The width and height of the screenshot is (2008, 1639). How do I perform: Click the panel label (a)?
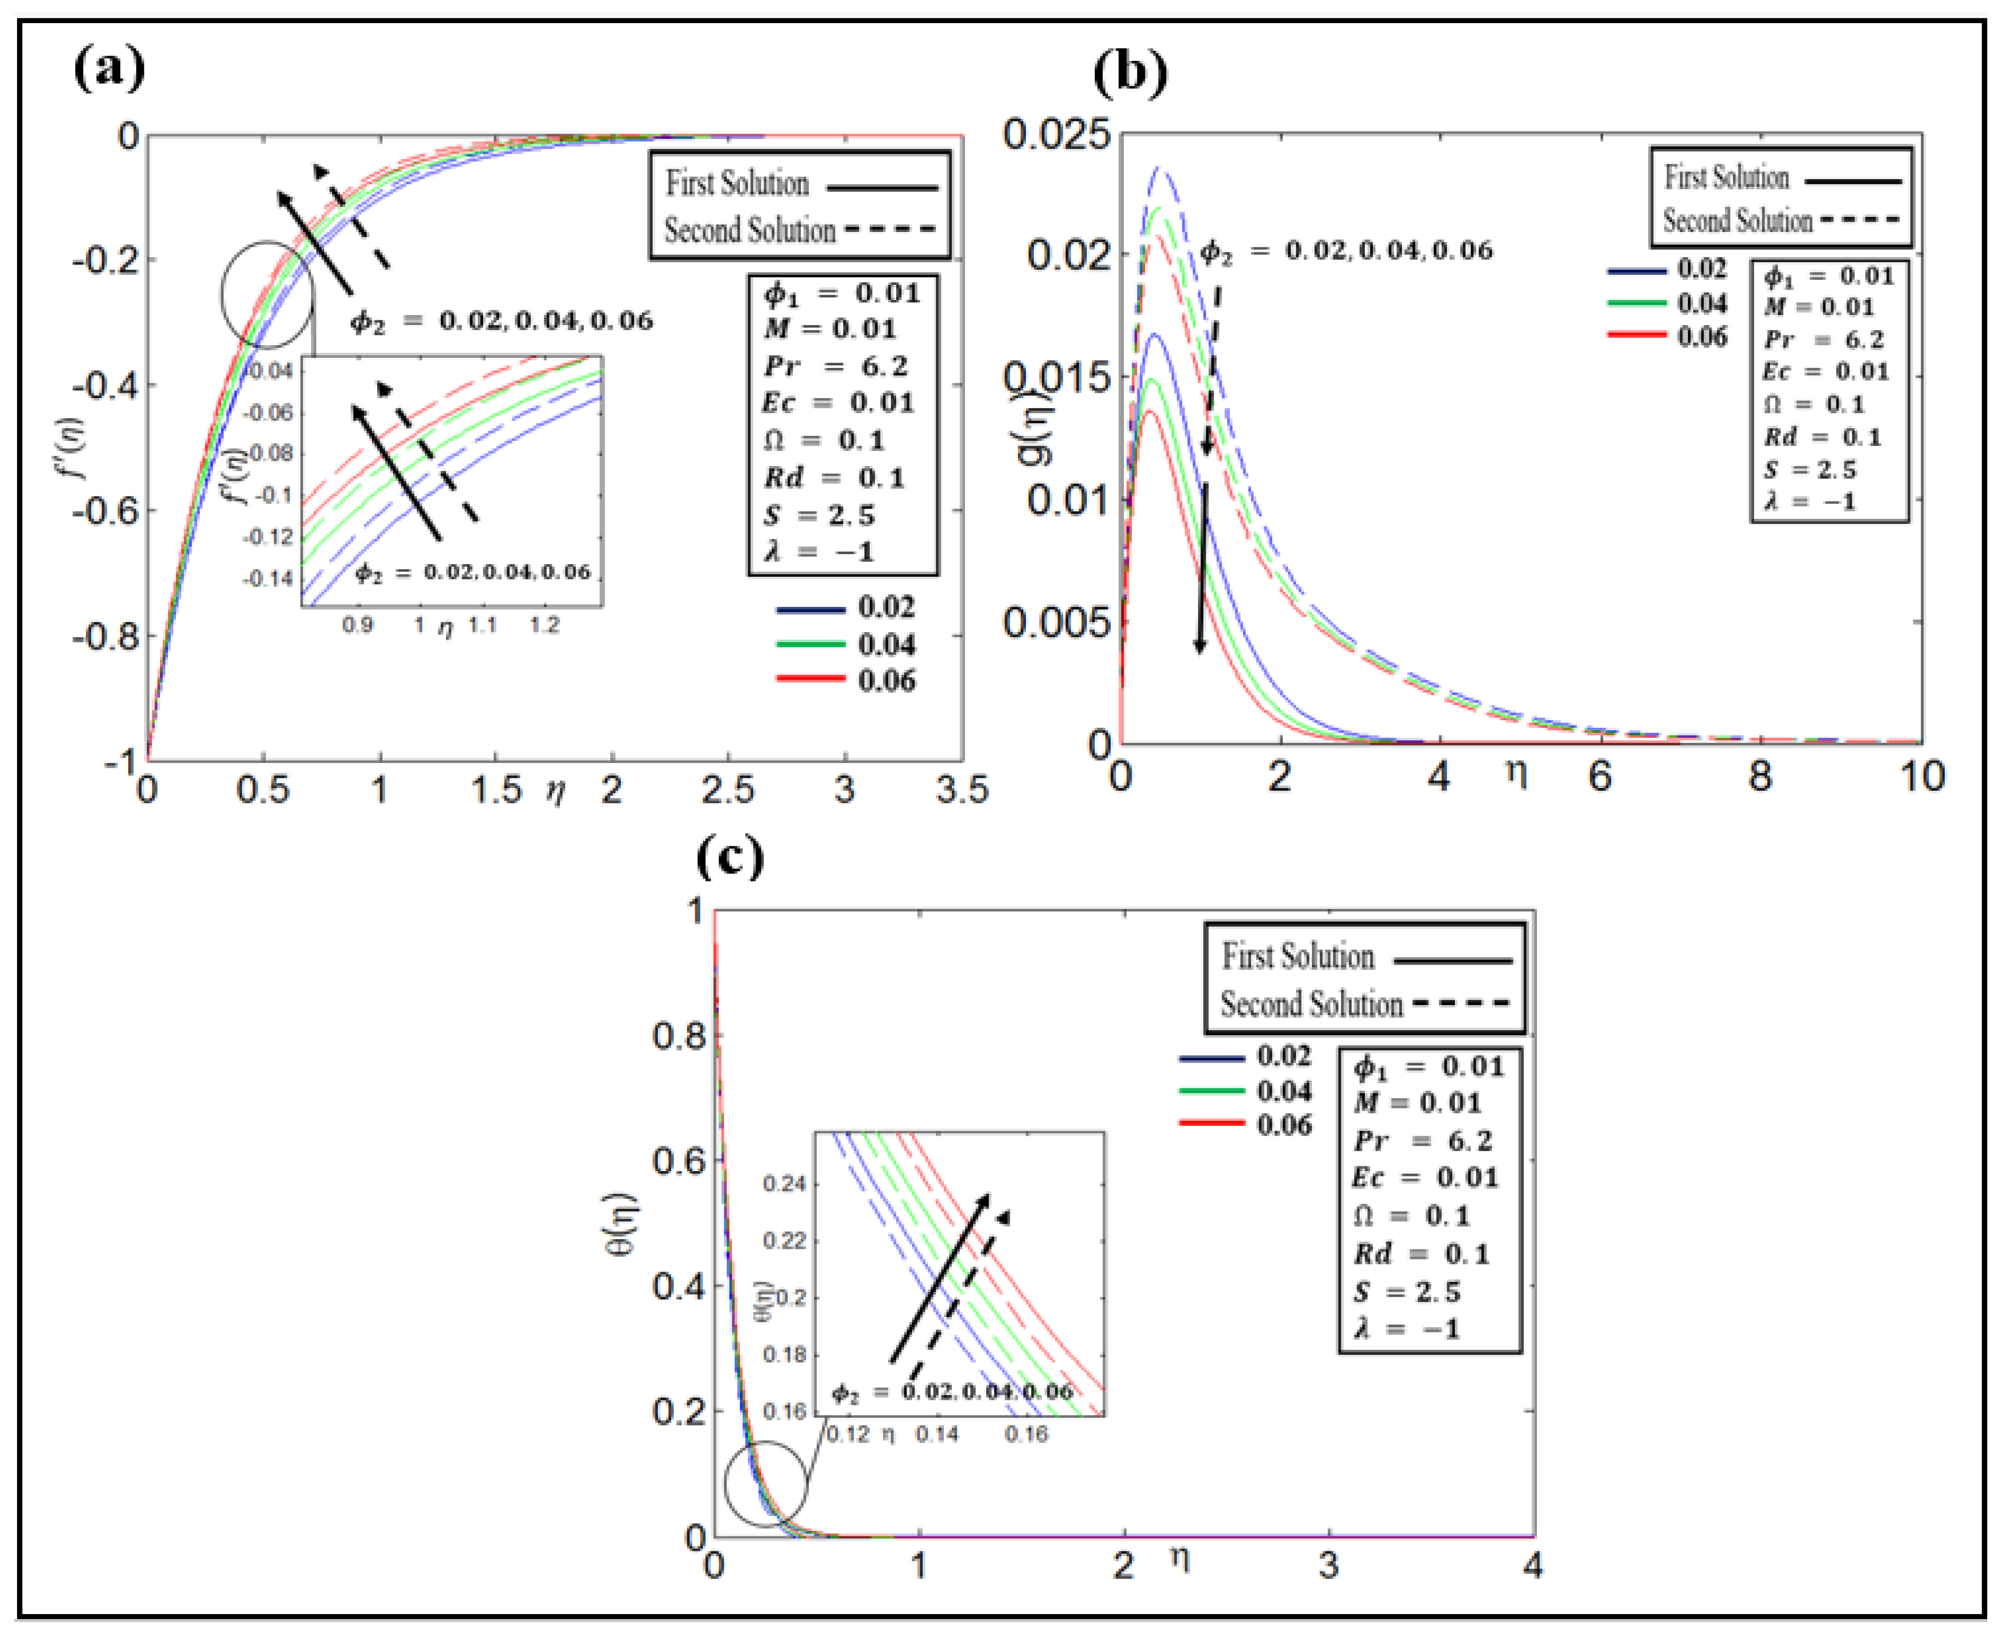(109, 68)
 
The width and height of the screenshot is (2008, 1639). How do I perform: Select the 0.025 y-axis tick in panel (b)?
(1056, 134)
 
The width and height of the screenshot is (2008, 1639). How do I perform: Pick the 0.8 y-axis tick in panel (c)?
(678, 1036)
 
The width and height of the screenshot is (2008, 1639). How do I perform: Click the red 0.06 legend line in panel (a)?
(810, 678)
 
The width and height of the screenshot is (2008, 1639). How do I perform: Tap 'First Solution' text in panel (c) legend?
(1298, 957)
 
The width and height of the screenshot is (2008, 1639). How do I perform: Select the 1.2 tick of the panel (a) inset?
(544, 625)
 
